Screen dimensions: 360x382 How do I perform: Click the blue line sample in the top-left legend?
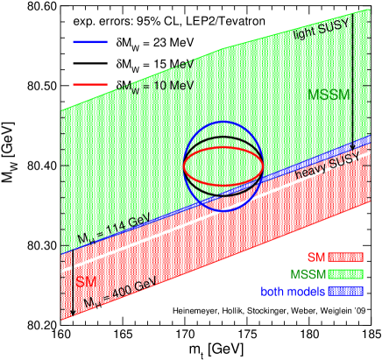[90, 41]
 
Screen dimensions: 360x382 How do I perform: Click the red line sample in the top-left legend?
[90, 85]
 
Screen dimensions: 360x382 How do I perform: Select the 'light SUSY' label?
[320, 33]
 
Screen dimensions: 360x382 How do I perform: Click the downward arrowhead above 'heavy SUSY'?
[353, 148]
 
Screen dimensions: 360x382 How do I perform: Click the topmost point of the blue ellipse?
[223, 122]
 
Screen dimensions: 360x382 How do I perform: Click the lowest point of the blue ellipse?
[223, 211]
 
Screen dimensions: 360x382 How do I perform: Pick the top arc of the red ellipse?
[223, 147]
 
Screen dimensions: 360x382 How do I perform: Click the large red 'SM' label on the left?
[87, 282]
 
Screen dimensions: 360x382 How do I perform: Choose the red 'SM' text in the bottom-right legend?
[317, 258]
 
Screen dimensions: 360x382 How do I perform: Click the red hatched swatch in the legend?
[345, 258]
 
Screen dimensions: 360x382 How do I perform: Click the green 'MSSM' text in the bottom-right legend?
[308, 275]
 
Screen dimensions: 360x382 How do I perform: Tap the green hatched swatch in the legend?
[345, 275]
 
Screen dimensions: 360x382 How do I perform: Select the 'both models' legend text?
[293, 292]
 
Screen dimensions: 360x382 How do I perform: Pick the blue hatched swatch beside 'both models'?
[345, 292]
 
